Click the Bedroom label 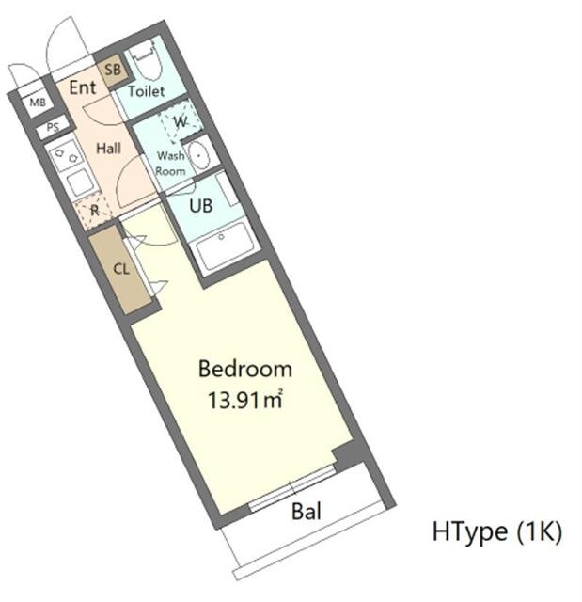pos(244,369)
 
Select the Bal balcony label pos(307,513)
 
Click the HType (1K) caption pos(497,532)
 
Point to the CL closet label pos(121,268)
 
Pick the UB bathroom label pos(201,206)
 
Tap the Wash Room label pos(170,163)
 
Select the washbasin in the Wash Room pos(198,155)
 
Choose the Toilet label pos(147,91)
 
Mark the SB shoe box pos(113,69)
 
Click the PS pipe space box pos(53,128)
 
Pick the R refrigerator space pos(94,211)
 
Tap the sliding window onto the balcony pos(291,487)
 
